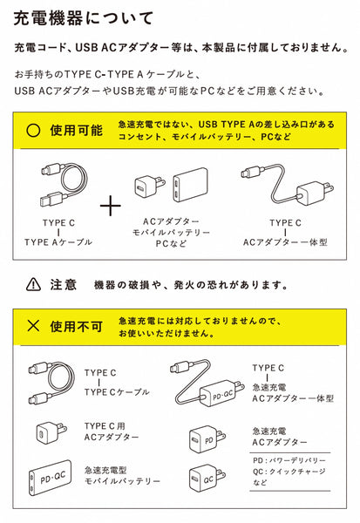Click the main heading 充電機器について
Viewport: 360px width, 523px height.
click(x=84, y=18)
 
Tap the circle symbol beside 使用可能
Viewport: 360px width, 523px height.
click(x=33, y=131)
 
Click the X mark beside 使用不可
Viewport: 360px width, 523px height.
click(x=33, y=325)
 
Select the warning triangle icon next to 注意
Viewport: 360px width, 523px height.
click(x=33, y=284)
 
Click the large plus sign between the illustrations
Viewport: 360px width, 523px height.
click(x=111, y=206)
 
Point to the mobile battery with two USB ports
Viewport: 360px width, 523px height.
click(x=190, y=185)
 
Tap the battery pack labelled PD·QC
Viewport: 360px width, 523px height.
click(x=51, y=478)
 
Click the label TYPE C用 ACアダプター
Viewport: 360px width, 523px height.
click(x=112, y=431)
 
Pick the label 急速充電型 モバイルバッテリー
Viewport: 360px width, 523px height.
click(x=122, y=476)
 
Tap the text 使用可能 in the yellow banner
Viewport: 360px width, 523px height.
click(x=76, y=131)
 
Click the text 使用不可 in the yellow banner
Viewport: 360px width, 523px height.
click(x=76, y=326)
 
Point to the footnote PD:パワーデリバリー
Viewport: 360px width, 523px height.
click(x=289, y=460)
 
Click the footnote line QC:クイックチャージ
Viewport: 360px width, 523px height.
click(x=289, y=472)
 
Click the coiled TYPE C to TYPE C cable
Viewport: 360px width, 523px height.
click(x=51, y=383)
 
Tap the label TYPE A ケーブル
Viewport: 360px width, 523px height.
click(x=58, y=242)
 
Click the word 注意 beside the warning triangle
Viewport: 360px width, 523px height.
click(x=64, y=284)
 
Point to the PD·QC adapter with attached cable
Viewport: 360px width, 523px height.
click(x=207, y=383)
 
